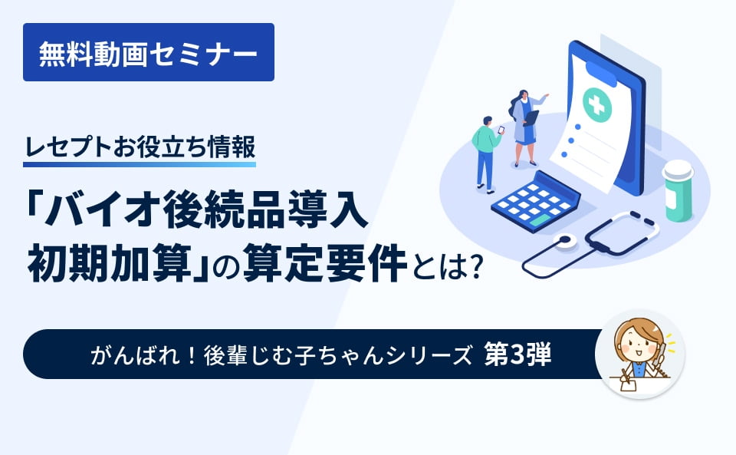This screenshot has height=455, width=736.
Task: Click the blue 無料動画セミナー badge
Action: point(148,52)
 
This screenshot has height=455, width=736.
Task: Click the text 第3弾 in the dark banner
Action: point(518,354)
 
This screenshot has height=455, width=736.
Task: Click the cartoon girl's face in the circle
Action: point(636,344)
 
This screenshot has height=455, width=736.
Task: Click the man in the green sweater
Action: point(485,150)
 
